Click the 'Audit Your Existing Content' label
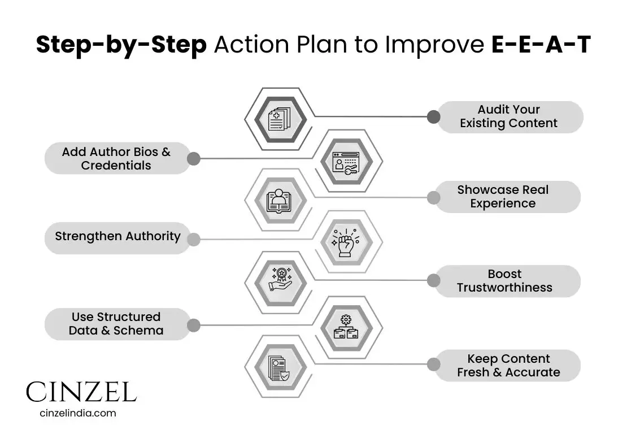509,117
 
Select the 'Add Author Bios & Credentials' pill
116,159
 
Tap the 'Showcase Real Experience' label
503,197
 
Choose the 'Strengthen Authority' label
117,237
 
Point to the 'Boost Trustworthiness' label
504,281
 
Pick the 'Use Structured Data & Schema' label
116,324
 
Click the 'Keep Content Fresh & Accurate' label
508,366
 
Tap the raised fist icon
345,243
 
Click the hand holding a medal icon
280,280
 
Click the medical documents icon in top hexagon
280,119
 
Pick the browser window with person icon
346,162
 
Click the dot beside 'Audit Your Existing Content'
433,117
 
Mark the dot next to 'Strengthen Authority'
193,239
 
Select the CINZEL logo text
81,392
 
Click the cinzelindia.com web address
78,413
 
